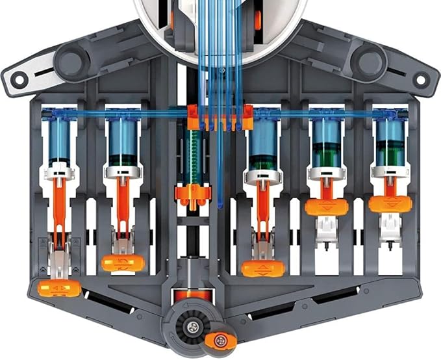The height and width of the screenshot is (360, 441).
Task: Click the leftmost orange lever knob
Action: coord(59,288)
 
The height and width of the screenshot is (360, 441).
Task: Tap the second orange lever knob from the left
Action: coord(123,263)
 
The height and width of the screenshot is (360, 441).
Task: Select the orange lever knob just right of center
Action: coord(262,268)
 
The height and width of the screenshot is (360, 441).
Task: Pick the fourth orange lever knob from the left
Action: coord(326,207)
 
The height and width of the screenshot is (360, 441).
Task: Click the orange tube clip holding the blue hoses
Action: coord(220,118)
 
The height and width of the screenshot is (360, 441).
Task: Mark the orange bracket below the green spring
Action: coord(193,194)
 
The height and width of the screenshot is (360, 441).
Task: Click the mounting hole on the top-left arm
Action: coord(19,81)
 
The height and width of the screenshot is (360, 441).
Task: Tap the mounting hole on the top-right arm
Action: coord(422,81)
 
